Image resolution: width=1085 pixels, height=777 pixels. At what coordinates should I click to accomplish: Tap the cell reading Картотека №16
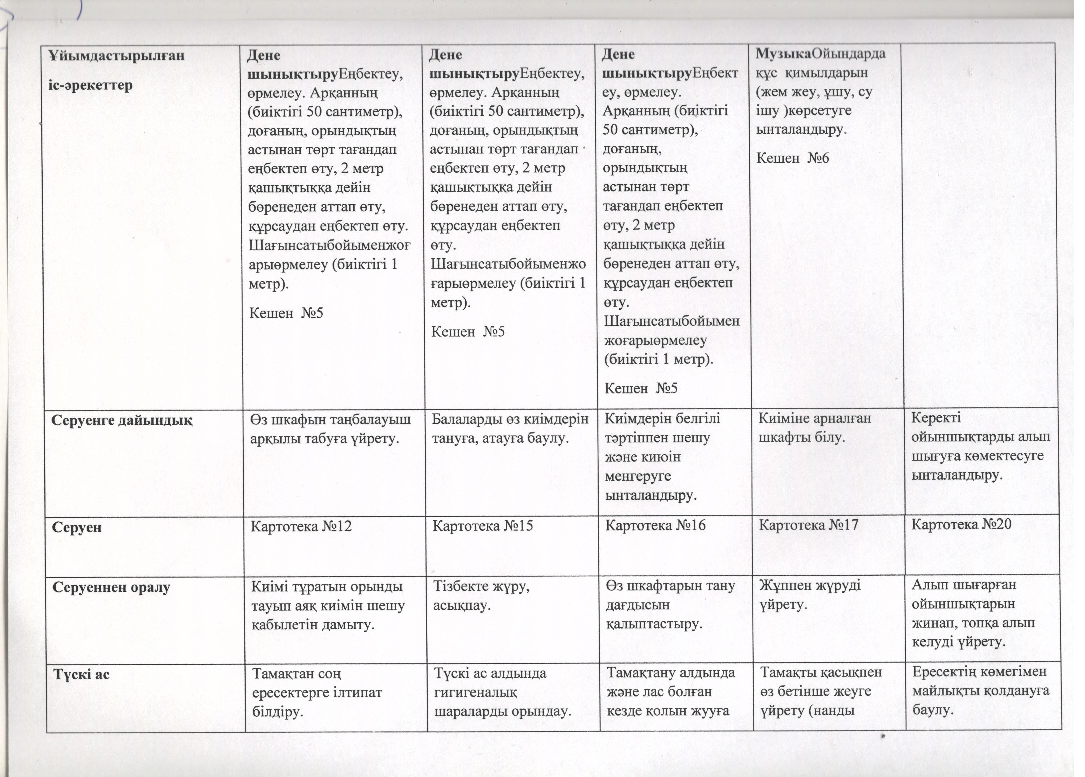click(x=655, y=526)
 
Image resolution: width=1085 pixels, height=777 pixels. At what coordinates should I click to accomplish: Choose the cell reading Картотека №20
click(x=961, y=525)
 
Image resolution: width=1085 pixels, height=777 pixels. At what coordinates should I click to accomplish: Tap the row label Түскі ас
click(x=81, y=675)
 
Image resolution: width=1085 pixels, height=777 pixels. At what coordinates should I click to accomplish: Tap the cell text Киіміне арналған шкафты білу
click(x=815, y=428)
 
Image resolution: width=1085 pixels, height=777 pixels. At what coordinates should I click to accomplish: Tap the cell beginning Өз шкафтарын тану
click(x=670, y=605)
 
